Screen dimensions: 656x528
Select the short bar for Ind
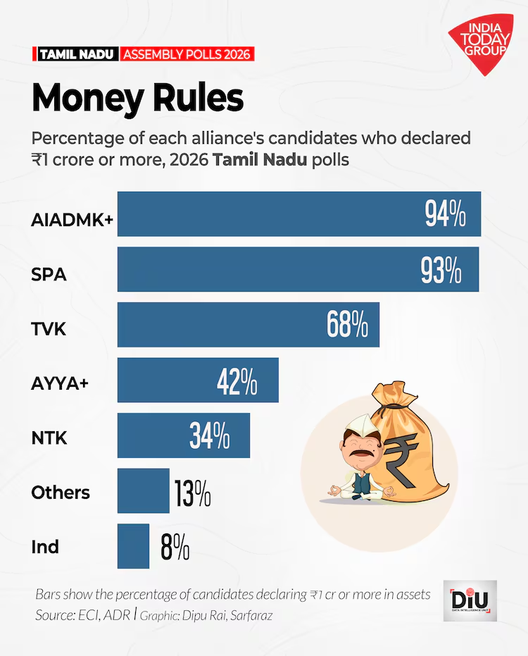point(133,546)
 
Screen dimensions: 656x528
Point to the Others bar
point(143,490)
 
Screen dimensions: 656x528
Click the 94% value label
point(444,213)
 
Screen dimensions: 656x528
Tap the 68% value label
point(347,325)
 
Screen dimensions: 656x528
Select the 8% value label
point(175,547)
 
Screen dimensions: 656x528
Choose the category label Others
point(61,492)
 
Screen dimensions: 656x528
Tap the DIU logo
point(470,600)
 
